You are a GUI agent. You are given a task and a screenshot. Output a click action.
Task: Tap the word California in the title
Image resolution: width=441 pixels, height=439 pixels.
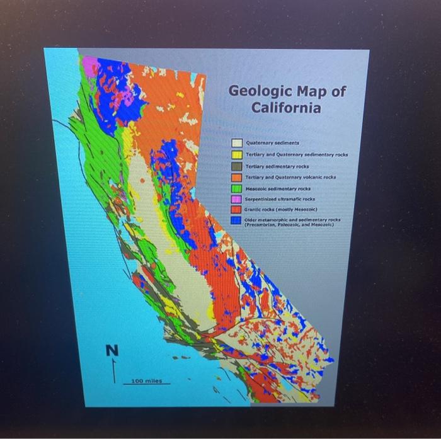(286, 108)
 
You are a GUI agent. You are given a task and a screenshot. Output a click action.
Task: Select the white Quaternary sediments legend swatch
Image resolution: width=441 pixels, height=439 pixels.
(236, 143)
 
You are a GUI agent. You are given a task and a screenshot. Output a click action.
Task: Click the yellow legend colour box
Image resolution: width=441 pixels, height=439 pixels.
(236, 154)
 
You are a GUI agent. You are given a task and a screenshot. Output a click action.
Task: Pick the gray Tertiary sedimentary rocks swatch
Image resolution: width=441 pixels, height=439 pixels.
(236, 166)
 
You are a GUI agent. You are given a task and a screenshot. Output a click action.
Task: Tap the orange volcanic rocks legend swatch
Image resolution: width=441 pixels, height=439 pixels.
(236, 177)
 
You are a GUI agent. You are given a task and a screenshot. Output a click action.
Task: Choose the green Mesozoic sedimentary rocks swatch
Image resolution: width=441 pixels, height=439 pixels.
(236, 188)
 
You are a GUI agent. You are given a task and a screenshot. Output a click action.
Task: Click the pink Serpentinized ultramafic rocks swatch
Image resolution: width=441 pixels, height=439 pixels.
(236, 198)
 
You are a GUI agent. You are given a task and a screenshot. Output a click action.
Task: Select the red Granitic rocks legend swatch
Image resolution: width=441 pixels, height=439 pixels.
(236, 209)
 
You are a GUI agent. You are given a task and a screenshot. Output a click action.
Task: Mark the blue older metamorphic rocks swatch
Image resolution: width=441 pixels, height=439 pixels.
(236, 220)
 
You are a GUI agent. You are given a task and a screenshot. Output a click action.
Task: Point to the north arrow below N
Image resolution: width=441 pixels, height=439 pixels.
(114, 372)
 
